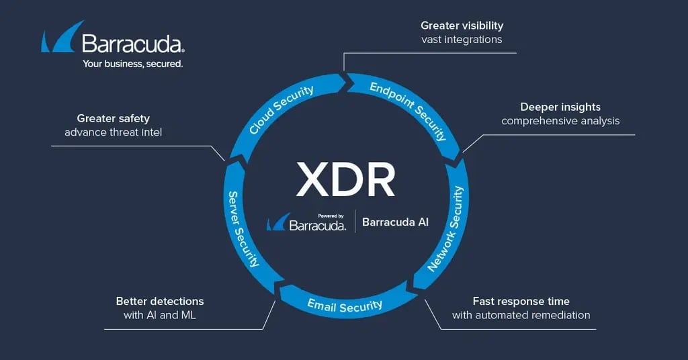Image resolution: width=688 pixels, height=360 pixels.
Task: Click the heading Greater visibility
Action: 462,26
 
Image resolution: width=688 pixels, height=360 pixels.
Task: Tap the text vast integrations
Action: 462,40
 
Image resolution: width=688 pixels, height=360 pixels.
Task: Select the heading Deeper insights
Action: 560,107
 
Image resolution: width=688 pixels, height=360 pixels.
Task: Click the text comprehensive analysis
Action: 560,121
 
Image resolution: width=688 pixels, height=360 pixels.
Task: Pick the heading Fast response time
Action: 521,301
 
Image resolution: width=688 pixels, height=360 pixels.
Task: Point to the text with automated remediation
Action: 521,315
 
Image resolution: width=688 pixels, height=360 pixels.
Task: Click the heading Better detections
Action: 160,301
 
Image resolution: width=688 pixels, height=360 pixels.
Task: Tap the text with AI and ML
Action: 160,315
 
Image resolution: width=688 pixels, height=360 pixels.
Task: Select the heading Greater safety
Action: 114,118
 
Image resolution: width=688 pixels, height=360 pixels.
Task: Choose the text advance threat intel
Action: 114,132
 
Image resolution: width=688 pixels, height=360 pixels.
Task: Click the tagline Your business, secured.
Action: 132,64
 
